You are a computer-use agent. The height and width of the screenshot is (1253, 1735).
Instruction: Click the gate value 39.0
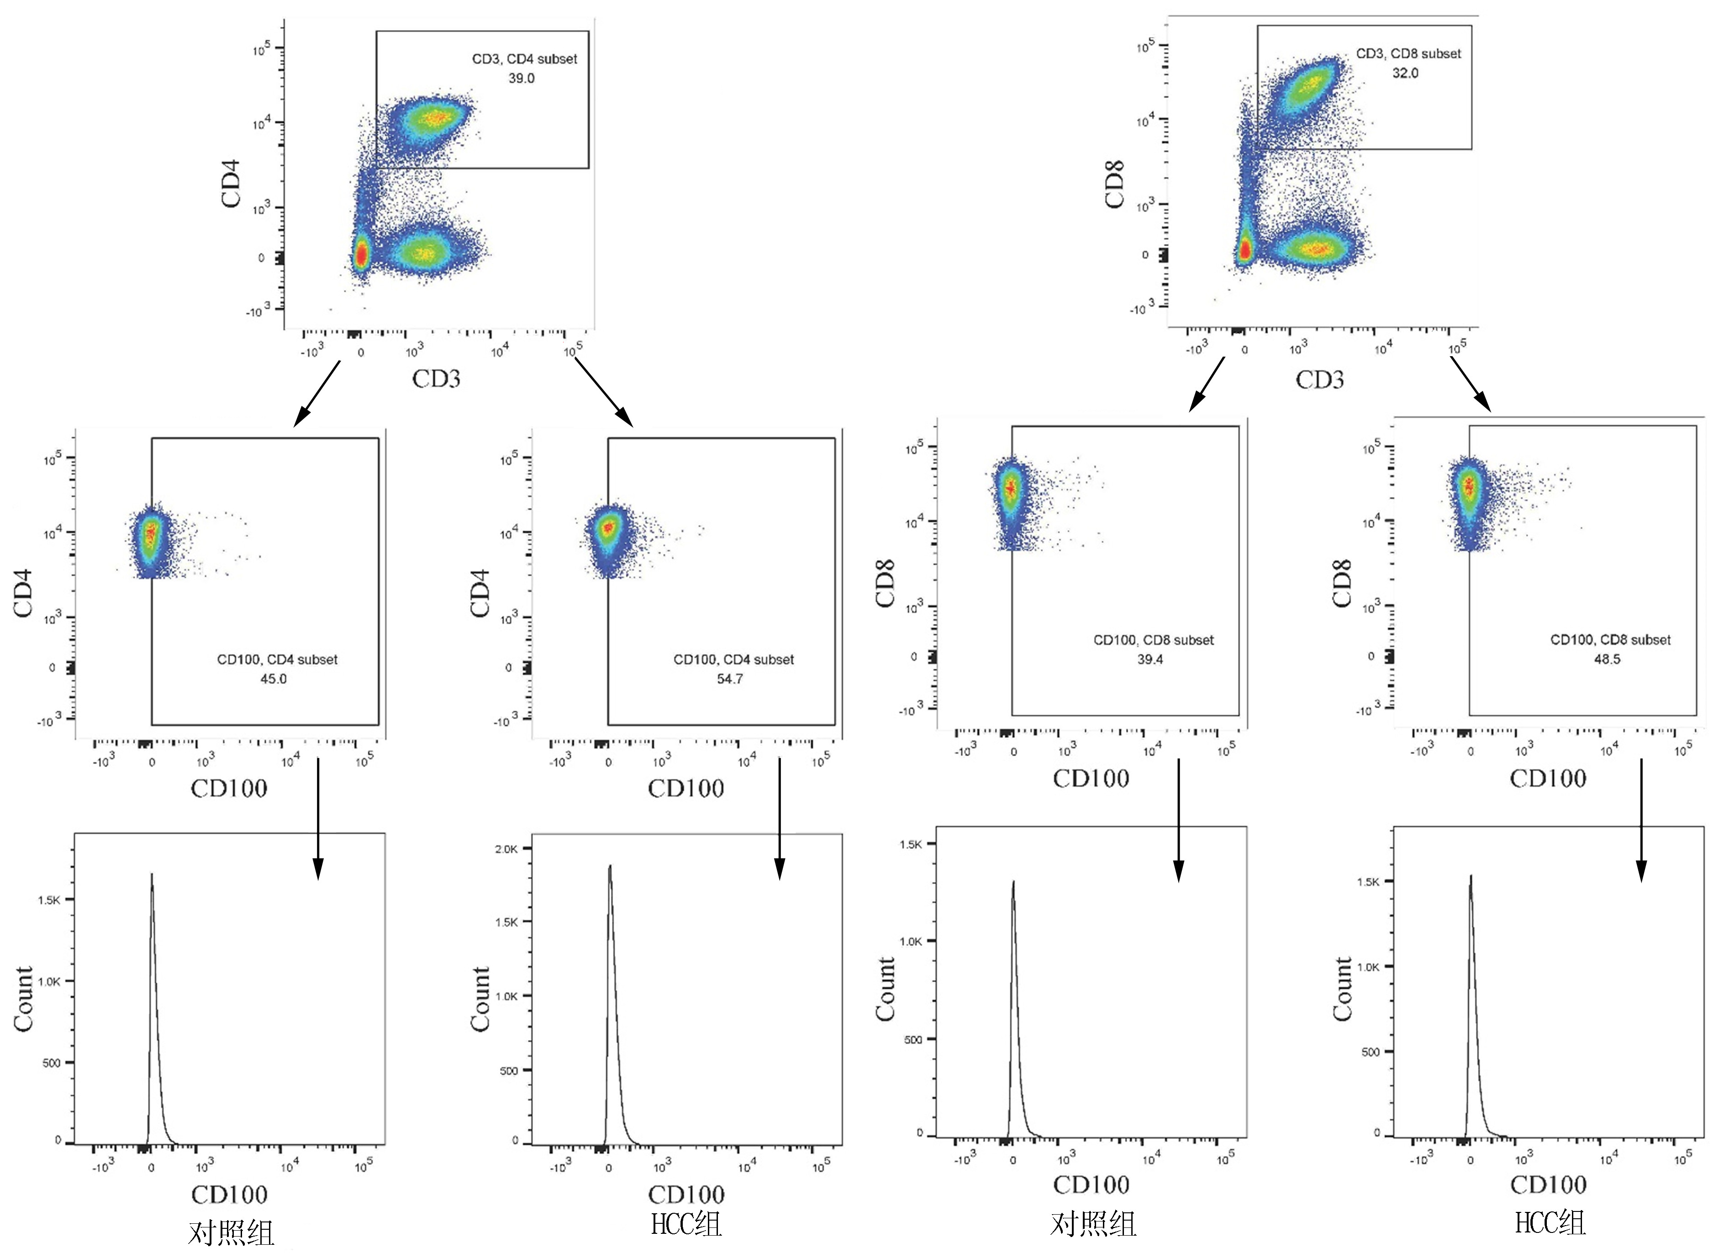point(521,78)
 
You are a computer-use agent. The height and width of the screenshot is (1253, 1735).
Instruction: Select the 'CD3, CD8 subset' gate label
point(1408,53)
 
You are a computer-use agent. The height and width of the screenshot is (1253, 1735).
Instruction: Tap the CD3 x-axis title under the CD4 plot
point(436,379)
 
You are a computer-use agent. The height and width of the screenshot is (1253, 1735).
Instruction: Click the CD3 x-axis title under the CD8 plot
point(1319,379)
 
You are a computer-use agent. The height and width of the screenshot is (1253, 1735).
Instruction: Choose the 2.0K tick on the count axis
point(506,848)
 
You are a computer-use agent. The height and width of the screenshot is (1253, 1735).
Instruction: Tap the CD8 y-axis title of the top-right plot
point(1115,184)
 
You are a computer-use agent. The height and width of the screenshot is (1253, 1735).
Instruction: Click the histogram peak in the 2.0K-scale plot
point(610,867)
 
